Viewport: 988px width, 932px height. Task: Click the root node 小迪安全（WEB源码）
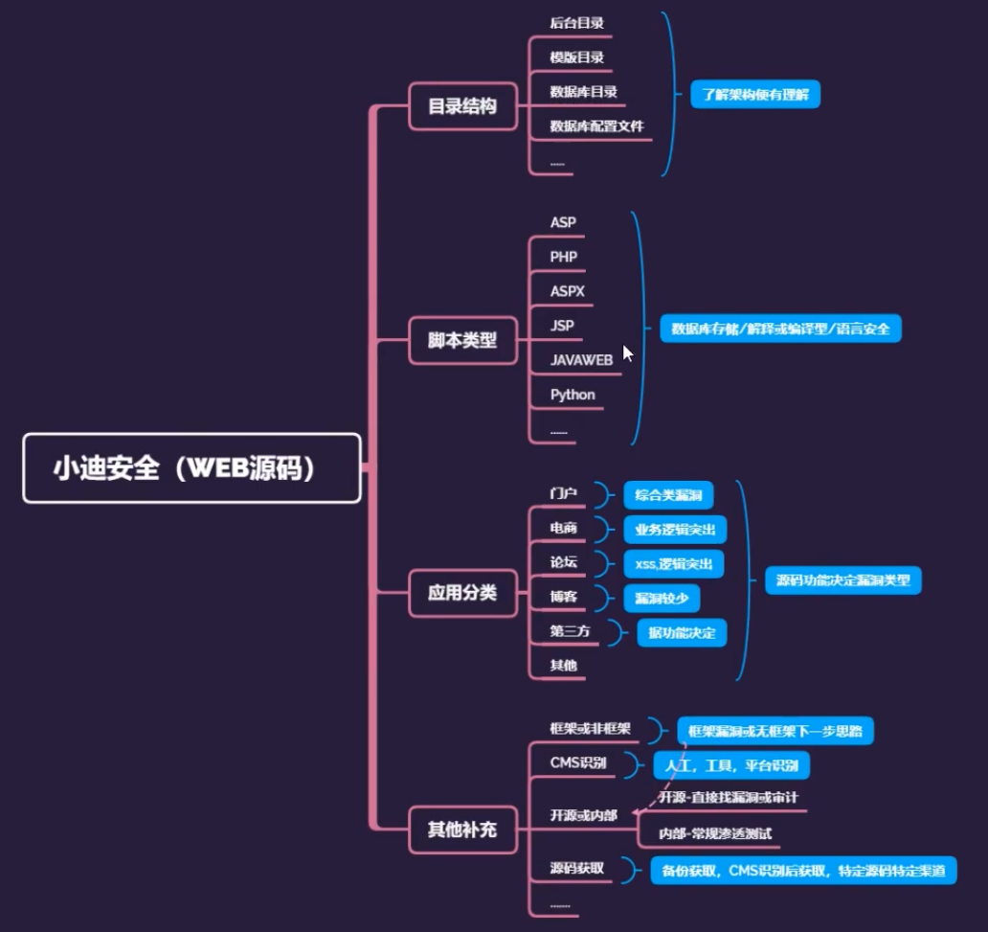191,468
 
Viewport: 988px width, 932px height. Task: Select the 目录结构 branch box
462,106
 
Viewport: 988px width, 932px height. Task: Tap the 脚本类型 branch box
462,340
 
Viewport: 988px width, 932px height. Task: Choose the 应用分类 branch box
462,593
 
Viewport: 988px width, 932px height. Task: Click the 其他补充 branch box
462,830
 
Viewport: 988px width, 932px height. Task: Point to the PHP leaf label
564,257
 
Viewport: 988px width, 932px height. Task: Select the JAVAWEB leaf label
581,360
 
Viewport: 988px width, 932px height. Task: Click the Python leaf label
573,395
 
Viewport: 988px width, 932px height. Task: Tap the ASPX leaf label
568,291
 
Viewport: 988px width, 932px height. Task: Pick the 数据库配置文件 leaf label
596,126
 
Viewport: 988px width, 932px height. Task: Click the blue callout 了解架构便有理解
755,94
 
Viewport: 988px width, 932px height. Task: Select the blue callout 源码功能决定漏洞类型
842,580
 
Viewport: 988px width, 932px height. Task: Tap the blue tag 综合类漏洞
668,495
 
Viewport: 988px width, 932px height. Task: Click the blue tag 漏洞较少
662,599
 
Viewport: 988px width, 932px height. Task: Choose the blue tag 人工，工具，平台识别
732,765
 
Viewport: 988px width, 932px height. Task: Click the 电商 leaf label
564,528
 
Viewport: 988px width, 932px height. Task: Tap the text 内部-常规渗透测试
715,833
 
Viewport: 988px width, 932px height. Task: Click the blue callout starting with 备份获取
802,871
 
